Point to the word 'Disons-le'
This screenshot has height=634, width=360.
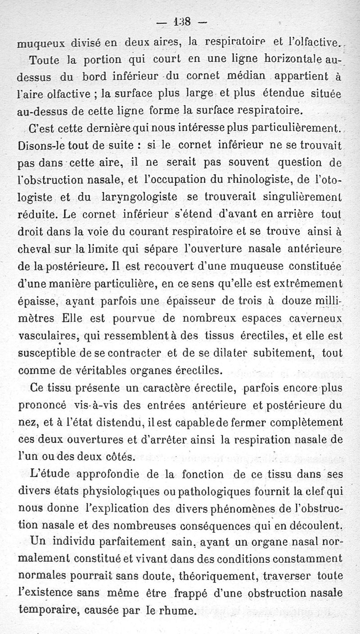[x=38, y=146]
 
